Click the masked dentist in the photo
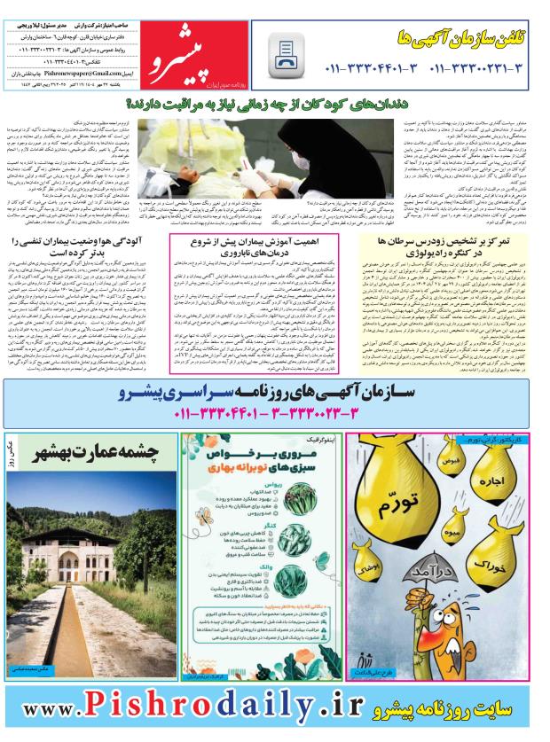[x=296, y=146]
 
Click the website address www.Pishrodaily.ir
[x=195, y=709]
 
